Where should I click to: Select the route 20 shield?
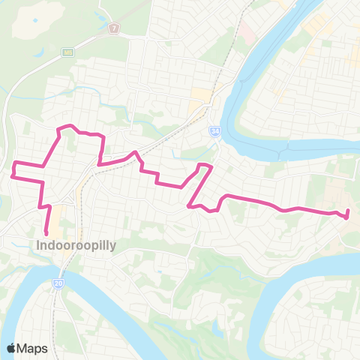click(58, 283)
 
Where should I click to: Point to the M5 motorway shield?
click(68, 52)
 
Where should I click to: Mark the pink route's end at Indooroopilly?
click(47, 232)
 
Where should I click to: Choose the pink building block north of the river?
click(245, 32)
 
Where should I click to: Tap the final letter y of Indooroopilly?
click(112, 245)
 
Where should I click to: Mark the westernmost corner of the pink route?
click(12, 176)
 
